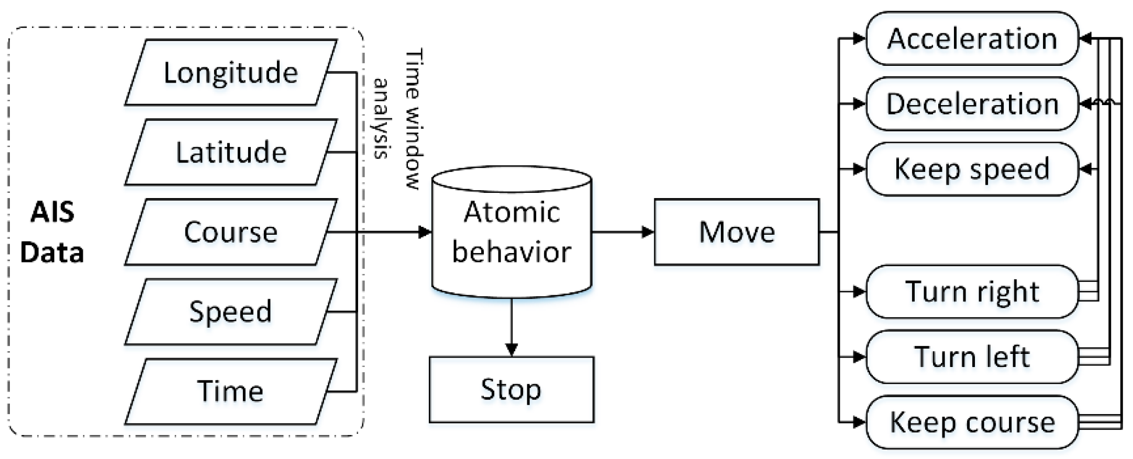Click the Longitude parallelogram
[x=231, y=72]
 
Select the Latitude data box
[x=231, y=152]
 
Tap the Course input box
[x=231, y=232]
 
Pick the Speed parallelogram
[x=231, y=312]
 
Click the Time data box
[x=231, y=391]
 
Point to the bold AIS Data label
[x=52, y=232]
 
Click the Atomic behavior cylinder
[x=512, y=233]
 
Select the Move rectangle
[x=737, y=232]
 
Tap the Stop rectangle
[x=512, y=389]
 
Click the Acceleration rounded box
[x=972, y=39]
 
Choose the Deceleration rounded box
[x=972, y=104]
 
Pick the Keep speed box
[x=972, y=169]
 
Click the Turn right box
[x=972, y=292]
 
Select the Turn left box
[x=972, y=357]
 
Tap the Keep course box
[x=972, y=422]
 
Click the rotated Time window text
[x=414, y=119]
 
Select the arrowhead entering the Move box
[x=648, y=232]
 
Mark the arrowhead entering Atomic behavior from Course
[x=425, y=232]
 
